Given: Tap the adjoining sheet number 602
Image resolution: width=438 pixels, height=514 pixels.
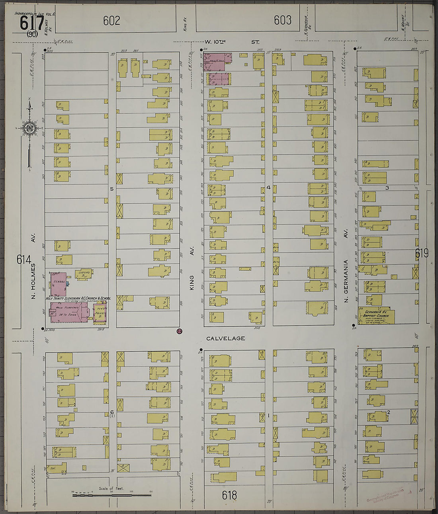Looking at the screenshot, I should coord(111,20).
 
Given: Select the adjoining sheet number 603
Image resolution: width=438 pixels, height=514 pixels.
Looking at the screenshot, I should coord(282,20).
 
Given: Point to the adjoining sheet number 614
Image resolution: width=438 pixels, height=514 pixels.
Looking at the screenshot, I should coord(23,260).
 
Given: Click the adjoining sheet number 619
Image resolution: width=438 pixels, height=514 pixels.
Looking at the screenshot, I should coord(422,253).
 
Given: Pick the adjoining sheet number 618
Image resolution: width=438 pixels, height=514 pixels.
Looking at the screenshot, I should coord(229,495).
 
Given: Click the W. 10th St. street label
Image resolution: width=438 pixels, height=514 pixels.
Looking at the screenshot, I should coord(232,42).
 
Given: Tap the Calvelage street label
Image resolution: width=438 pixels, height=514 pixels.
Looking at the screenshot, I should coord(225,338).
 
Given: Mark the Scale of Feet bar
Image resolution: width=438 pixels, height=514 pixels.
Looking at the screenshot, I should coord(111,495).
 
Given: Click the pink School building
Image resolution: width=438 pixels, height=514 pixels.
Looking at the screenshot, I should coord(58,284).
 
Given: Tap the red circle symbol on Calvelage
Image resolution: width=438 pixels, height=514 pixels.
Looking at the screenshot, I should coord(179,331).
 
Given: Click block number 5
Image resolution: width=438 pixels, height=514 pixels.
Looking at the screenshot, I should coord(112,189).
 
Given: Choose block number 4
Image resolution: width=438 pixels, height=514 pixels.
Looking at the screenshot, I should coord(268,187).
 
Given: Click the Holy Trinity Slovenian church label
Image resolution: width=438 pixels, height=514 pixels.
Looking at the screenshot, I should coord(78,298).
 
